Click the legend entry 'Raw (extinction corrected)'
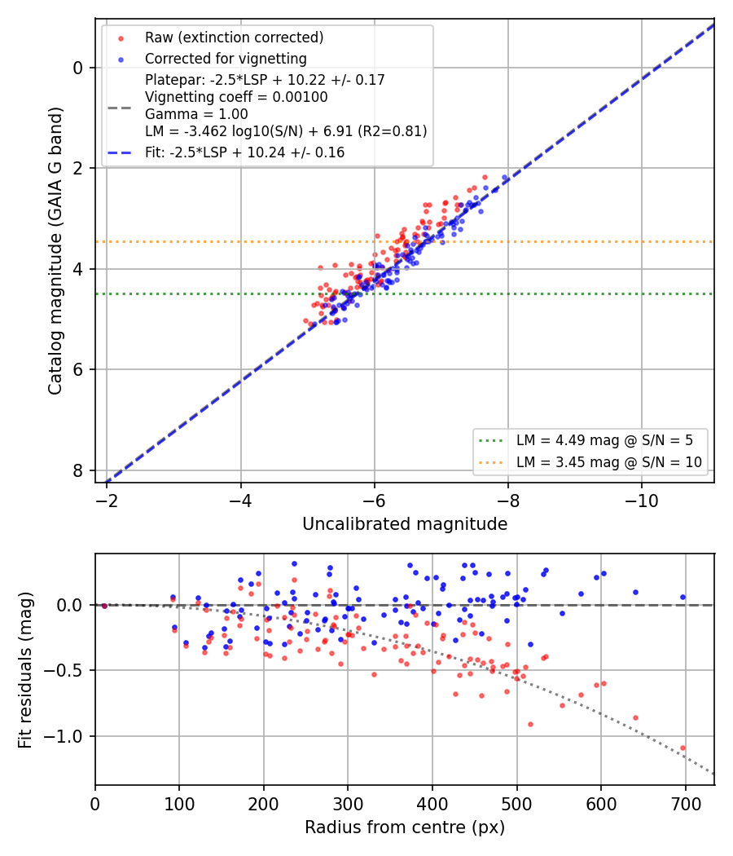point(234,38)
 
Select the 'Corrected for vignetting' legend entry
point(226,59)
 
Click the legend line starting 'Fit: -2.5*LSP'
point(245,152)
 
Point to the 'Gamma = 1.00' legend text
point(196,114)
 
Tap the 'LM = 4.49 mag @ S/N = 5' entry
point(604,440)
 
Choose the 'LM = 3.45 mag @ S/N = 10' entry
point(609,462)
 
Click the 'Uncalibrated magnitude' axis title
point(405,524)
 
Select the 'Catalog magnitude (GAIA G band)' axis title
point(55,250)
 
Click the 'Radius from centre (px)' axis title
point(405,827)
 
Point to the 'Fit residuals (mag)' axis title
point(25,670)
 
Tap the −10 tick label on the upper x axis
point(642,501)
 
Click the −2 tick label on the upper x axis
point(107,501)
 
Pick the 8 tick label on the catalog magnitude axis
point(78,470)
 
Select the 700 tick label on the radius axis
point(685,804)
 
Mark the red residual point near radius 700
point(683,748)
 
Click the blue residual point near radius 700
point(683,598)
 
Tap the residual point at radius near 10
point(104,605)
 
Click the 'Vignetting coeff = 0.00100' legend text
point(236,97)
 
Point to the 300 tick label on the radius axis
point(348,804)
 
